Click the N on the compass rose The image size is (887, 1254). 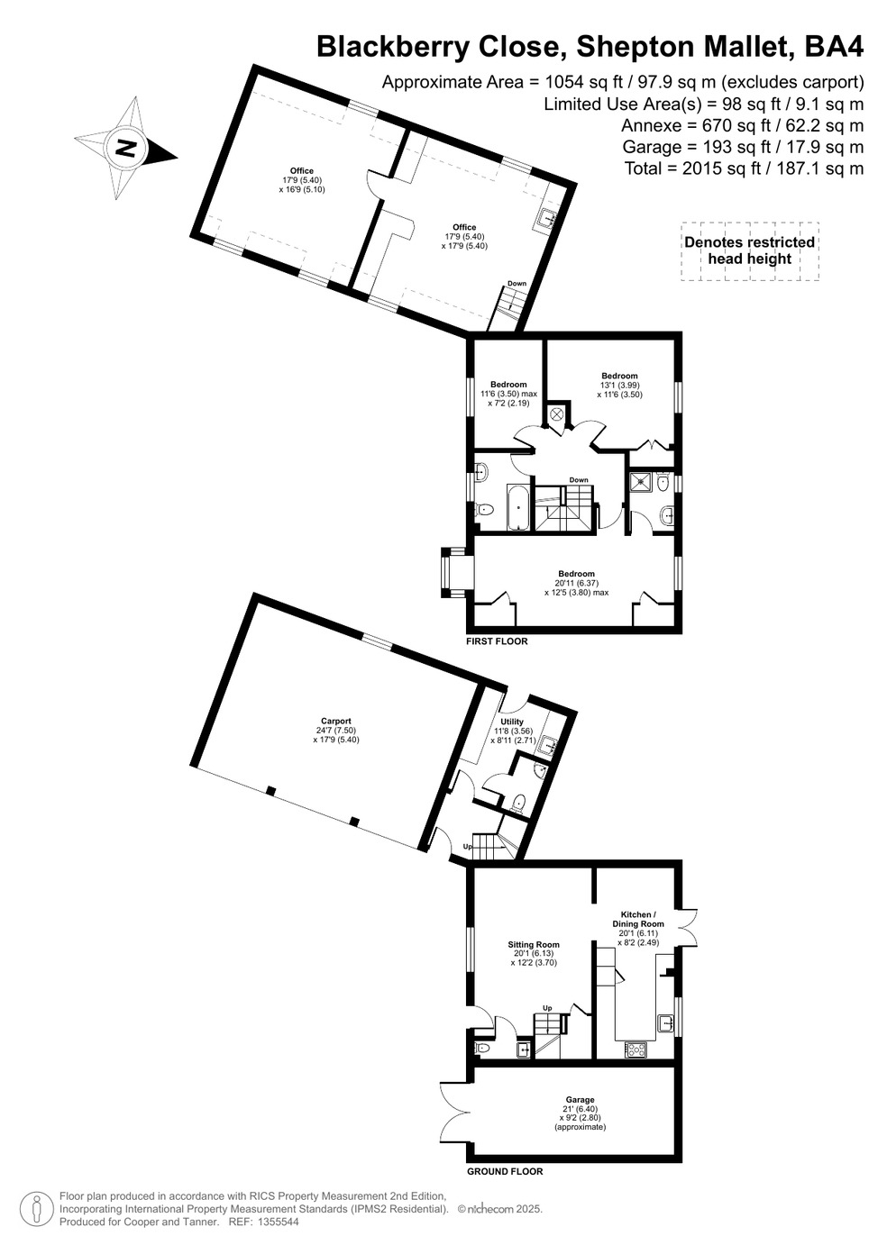(x=126, y=149)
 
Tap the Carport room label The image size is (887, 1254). (x=336, y=721)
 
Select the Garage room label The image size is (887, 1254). (x=580, y=1099)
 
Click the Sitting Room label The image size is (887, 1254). (x=534, y=944)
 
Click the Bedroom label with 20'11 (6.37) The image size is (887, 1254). (x=577, y=574)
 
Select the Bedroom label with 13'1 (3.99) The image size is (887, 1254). (x=619, y=376)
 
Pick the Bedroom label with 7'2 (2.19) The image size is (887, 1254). (x=508, y=385)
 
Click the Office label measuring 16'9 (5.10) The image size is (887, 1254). (x=302, y=171)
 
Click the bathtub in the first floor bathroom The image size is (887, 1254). (x=518, y=508)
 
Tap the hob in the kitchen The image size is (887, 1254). (x=636, y=1050)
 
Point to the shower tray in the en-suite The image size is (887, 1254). (x=642, y=481)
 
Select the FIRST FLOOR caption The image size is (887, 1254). (x=497, y=641)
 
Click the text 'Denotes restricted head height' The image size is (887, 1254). (x=750, y=250)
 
